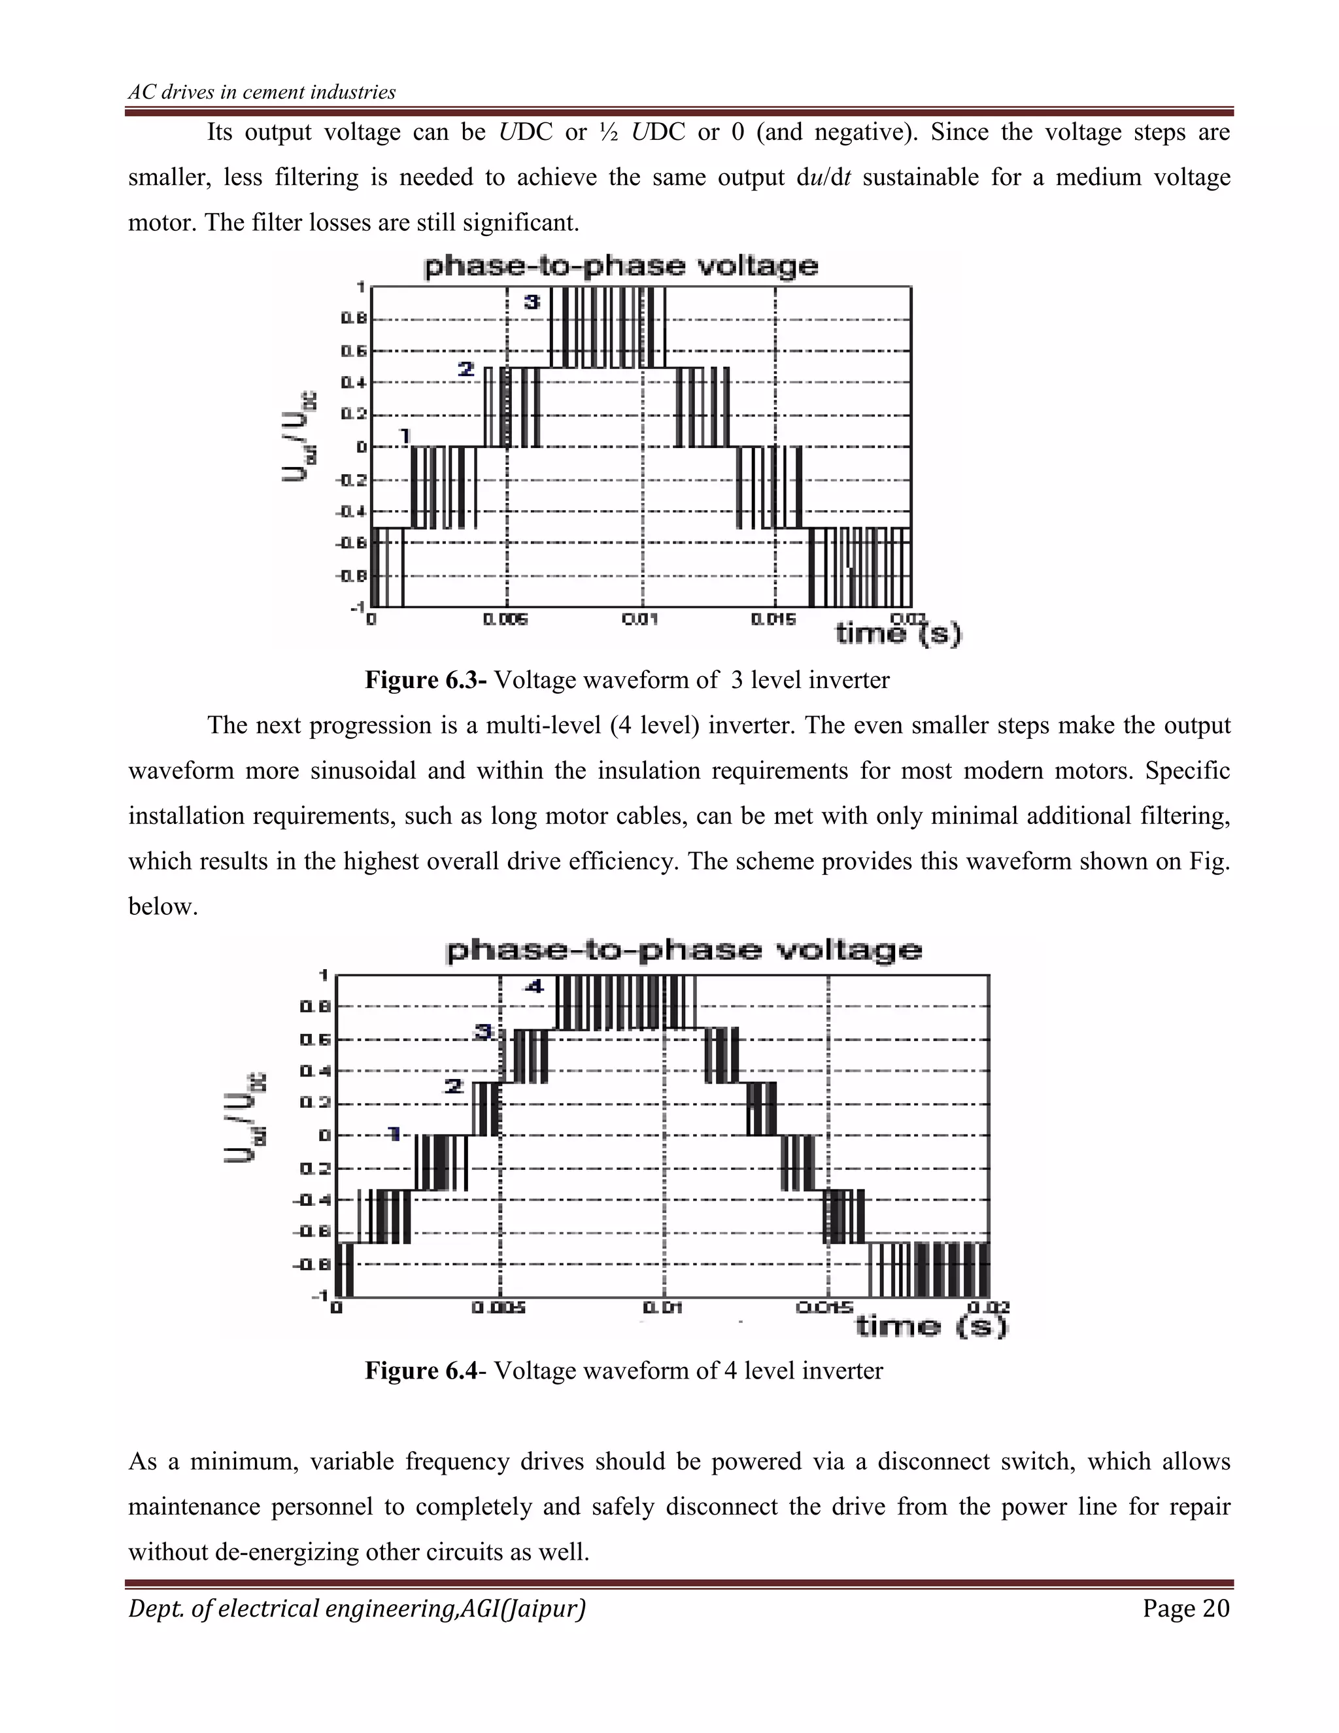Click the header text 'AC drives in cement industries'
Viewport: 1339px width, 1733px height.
point(262,92)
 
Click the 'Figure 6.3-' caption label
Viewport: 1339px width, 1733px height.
point(425,680)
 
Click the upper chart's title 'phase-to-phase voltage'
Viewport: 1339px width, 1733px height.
point(620,266)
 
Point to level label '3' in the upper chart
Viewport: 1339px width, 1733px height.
point(532,301)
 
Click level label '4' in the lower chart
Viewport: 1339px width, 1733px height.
point(535,987)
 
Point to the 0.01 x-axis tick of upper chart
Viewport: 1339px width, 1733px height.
point(640,619)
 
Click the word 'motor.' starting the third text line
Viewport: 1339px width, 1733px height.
point(163,223)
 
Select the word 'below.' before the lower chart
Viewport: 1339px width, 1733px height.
point(163,906)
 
